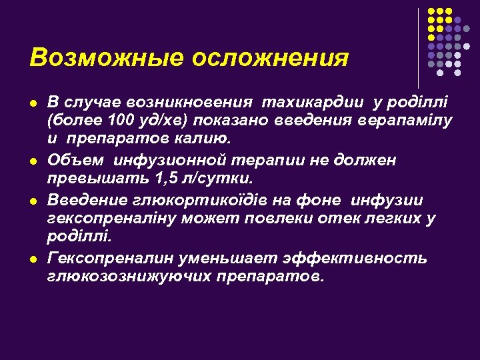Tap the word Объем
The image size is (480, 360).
(x=75, y=161)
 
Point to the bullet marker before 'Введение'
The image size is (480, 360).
(x=32, y=200)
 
